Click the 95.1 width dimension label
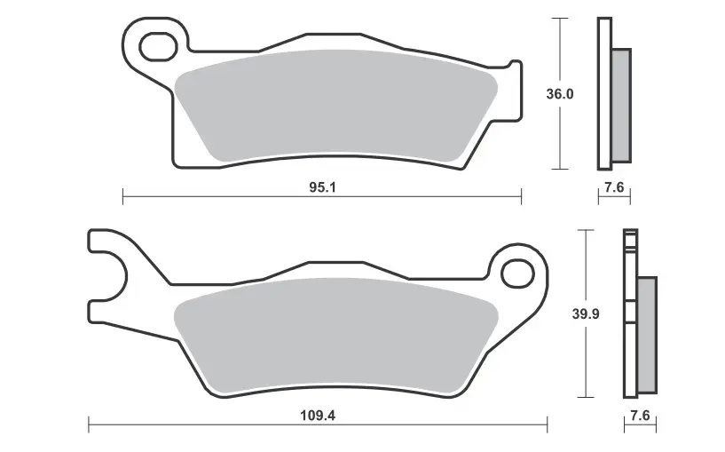tap(322, 187)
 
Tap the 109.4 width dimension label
tap(318, 415)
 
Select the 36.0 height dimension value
tap(559, 94)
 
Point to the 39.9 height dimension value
tap(586, 313)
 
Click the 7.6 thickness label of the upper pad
tap(614, 187)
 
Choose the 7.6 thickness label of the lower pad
tap(640, 416)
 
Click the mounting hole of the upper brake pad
tap(158, 47)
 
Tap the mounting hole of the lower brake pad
tap(518, 274)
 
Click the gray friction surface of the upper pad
tap(336, 106)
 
